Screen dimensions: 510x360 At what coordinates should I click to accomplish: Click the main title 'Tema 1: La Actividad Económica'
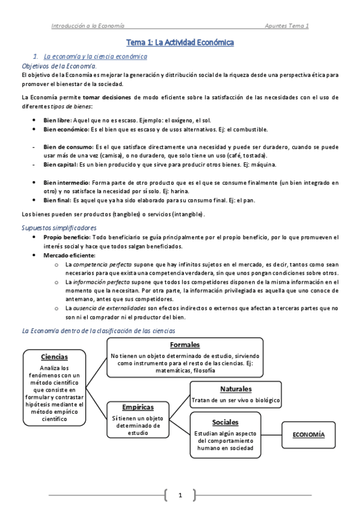tap(180, 43)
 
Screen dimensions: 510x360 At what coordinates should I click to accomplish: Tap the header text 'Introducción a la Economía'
tap(88, 26)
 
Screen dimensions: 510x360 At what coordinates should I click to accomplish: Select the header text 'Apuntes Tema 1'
tap(287, 26)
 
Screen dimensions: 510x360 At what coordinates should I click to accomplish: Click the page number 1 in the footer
tap(180, 495)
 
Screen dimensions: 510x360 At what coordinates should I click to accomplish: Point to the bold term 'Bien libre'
tap(58, 120)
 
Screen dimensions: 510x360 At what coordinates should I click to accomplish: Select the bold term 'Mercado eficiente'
tap(69, 255)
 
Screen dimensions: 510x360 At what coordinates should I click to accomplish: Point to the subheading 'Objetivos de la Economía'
tap(59, 66)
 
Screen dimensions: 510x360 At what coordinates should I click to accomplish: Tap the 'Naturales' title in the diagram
tap(236, 389)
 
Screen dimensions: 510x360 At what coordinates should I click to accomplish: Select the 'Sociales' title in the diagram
tap(225, 422)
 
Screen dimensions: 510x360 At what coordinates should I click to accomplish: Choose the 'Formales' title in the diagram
tap(185, 345)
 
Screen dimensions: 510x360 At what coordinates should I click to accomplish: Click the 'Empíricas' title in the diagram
tap(138, 407)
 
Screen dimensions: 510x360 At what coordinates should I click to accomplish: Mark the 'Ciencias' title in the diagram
tap(55, 357)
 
